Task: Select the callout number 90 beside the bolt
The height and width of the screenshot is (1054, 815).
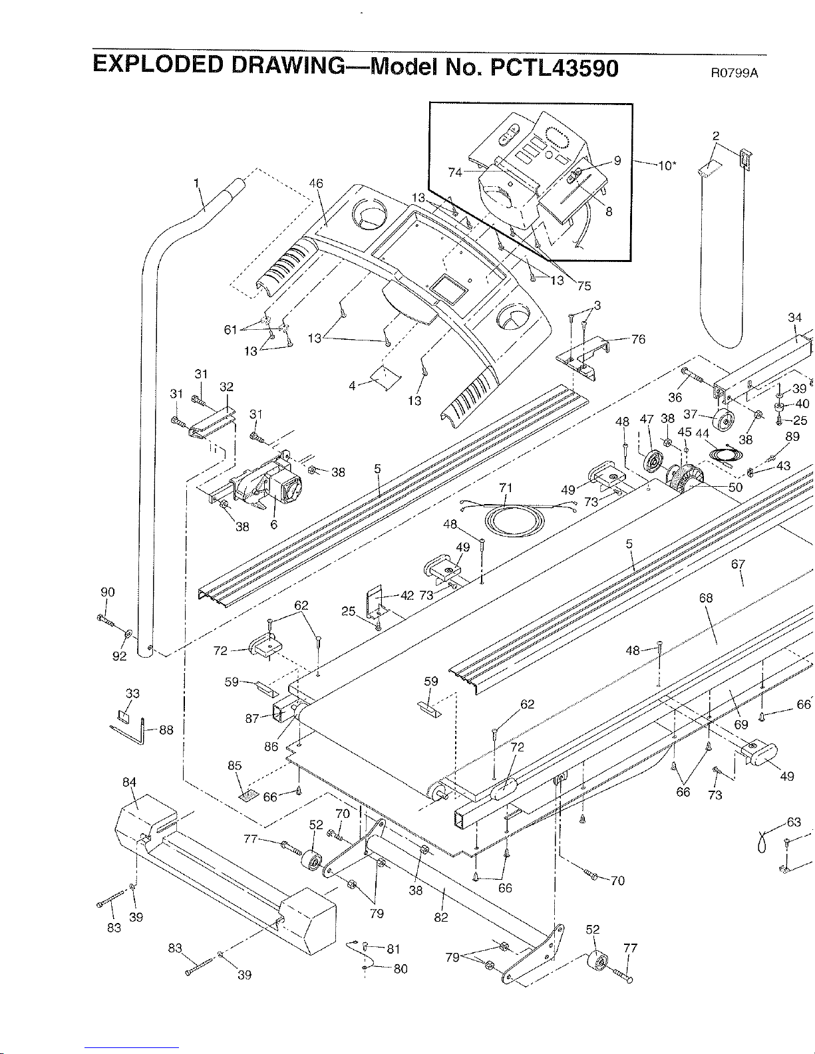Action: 107,593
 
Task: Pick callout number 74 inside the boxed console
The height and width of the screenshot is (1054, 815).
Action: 455,172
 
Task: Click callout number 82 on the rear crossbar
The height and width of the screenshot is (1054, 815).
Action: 440,918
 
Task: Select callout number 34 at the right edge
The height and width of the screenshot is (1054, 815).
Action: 794,318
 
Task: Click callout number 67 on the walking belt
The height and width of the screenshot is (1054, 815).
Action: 738,565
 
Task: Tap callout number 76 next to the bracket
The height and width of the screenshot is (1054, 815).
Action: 638,340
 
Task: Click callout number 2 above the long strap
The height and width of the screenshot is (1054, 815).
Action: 715,136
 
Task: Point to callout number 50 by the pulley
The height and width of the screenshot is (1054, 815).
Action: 735,487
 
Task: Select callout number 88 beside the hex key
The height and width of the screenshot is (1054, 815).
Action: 166,729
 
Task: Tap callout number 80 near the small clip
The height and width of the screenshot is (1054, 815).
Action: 401,969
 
